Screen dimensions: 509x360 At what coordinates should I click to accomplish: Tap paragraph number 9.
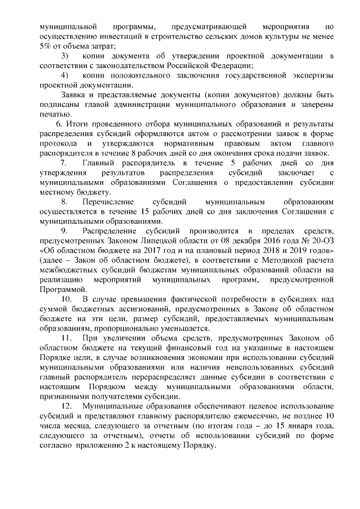coord(64,231)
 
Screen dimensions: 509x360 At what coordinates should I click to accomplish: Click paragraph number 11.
coord(66,338)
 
